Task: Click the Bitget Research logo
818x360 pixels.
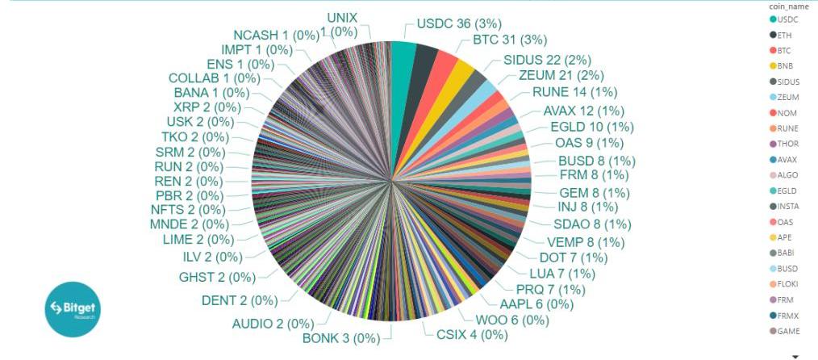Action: (71, 308)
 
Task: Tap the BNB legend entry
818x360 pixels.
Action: (785, 65)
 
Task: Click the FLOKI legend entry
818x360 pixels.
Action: (787, 284)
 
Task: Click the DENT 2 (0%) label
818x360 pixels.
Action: (239, 300)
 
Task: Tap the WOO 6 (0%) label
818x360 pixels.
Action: (512, 320)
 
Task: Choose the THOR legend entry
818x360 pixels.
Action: (787, 144)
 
